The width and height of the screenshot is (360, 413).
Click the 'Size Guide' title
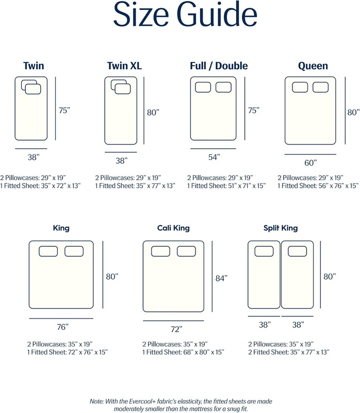[185, 14]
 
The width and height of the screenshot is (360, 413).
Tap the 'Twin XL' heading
[124, 66]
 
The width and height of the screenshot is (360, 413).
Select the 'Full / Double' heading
[219, 66]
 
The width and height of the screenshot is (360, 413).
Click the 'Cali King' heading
[173, 228]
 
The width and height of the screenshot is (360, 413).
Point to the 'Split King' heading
[281, 228]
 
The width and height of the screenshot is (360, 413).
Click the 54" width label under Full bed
[214, 157]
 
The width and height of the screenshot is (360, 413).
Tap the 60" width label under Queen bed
[310, 163]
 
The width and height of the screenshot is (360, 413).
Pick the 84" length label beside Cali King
[221, 278]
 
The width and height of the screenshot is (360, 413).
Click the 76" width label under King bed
[62, 327]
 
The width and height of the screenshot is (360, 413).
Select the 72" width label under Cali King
[176, 329]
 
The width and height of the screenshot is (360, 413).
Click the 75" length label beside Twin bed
[64, 110]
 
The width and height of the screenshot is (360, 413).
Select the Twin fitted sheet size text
[40, 186]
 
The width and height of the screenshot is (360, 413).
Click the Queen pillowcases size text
[310, 178]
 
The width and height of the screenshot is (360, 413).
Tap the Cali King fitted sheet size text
[183, 352]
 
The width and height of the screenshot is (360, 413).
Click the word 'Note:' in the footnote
[96, 402]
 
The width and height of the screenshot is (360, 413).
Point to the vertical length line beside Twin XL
[144, 110]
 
